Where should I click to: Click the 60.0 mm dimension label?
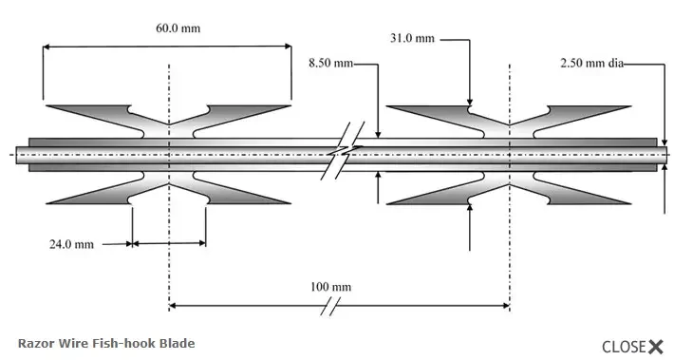pyautogui.click(x=178, y=28)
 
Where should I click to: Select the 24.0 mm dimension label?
pyautogui.click(x=71, y=244)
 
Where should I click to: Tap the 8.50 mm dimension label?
pyautogui.click(x=330, y=64)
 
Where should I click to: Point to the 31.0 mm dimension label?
pyautogui.click(x=412, y=38)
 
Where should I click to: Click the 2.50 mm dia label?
pyautogui.click(x=591, y=64)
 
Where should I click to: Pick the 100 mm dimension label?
pyautogui.click(x=330, y=287)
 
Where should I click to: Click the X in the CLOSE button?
pyautogui.click(x=656, y=347)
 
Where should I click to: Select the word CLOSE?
pyautogui.click(x=624, y=347)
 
